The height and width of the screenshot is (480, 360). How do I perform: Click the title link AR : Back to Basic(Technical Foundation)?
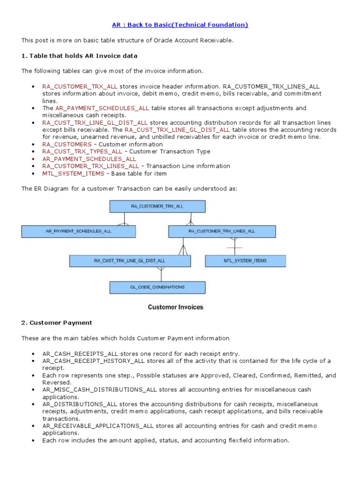pos(180,25)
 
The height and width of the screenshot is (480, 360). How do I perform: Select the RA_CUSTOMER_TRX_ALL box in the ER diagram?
pos(157,206)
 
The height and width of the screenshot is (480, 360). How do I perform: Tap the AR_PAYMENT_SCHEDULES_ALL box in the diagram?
pos(78,231)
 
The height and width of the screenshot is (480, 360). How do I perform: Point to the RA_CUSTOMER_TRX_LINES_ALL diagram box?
pos(222,231)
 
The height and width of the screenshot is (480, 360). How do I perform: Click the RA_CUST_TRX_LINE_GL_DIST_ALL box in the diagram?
pos(129,261)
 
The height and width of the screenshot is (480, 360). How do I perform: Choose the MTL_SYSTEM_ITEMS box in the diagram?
pos(245,261)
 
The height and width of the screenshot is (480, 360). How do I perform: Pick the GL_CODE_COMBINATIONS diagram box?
pos(157,287)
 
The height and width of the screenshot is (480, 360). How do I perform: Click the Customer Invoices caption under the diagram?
pos(175,307)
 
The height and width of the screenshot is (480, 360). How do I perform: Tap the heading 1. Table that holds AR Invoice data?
pos(79,56)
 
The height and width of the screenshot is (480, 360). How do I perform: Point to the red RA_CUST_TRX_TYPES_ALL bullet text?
pos(82,151)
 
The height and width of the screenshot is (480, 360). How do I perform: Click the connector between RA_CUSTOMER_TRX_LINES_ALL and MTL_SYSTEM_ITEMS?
pos(234,246)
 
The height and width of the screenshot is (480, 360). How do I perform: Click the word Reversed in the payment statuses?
pos(56,382)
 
